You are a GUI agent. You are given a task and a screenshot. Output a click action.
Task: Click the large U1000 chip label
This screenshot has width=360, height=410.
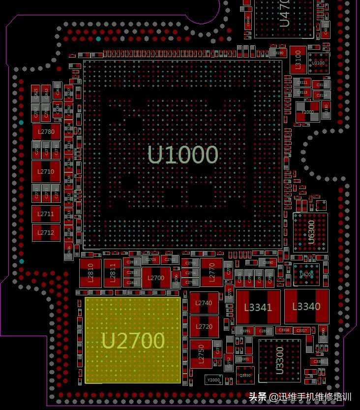click(182, 155)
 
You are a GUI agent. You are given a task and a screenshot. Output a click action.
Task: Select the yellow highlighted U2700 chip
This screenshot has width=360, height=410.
click(133, 340)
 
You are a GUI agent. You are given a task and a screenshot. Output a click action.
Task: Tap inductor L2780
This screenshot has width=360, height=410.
click(46, 131)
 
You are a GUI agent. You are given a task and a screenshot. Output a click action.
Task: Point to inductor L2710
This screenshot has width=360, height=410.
click(46, 171)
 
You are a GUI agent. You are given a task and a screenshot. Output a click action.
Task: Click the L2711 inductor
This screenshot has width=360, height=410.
click(46, 214)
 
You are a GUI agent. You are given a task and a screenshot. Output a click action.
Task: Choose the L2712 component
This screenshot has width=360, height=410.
click(46, 232)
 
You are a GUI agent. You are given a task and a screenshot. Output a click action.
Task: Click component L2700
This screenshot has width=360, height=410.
click(156, 278)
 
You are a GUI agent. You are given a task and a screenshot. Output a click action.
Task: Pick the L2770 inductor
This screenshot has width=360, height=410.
click(211, 272)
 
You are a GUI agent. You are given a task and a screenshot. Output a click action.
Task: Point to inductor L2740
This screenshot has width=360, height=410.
click(204, 303)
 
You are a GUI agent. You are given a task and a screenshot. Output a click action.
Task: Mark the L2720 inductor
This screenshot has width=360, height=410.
click(204, 327)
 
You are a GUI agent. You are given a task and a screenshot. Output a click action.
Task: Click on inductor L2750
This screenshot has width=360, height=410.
click(201, 353)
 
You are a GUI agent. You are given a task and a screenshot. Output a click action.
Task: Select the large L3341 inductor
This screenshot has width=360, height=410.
click(258, 307)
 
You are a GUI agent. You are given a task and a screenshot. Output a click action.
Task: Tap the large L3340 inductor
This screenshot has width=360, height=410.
click(306, 306)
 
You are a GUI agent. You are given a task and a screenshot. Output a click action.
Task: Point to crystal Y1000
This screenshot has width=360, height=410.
click(307, 112)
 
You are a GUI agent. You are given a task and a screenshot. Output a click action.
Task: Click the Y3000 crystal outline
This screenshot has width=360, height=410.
click(213, 379)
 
